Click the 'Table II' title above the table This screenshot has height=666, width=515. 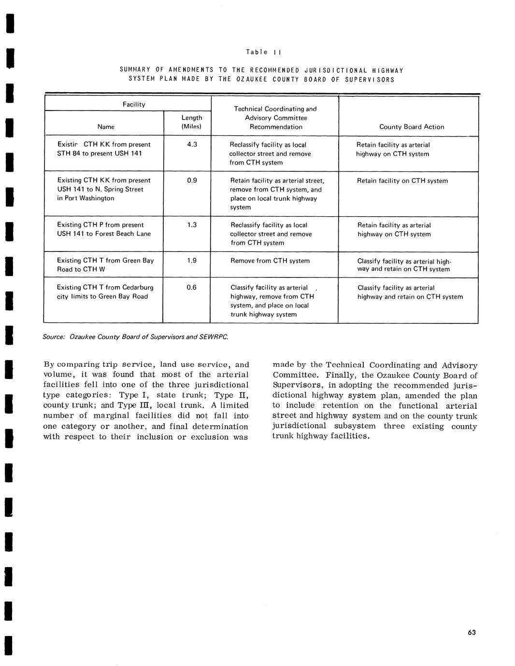click(x=264, y=52)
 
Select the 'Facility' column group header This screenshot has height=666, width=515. click(x=134, y=104)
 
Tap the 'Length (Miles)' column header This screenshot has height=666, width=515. click(x=191, y=122)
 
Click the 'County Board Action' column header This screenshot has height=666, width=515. click(x=411, y=127)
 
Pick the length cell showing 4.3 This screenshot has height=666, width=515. click(x=192, y=144)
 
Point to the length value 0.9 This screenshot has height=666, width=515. click(x=192, y=180)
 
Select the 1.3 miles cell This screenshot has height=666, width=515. click(x=192, y=224)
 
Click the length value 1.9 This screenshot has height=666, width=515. click(x=192, y=261)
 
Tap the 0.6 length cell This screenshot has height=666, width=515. click(x=192, y=287)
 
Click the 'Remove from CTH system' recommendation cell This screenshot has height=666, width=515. click(x=270, y=261)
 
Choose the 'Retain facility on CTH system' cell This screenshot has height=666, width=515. click(x=402, y=181)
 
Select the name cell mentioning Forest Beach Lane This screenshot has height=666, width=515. click(x=104, y=229)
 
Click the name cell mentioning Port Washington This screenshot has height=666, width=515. click(x=104, y=189)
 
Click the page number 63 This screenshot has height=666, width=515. click(x=472, y=633)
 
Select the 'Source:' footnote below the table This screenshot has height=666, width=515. click(x=135, y=336)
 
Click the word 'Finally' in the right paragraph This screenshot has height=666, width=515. click(x=343, y=375)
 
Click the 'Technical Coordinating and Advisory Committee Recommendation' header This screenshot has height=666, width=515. click(x=275, y=118)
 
